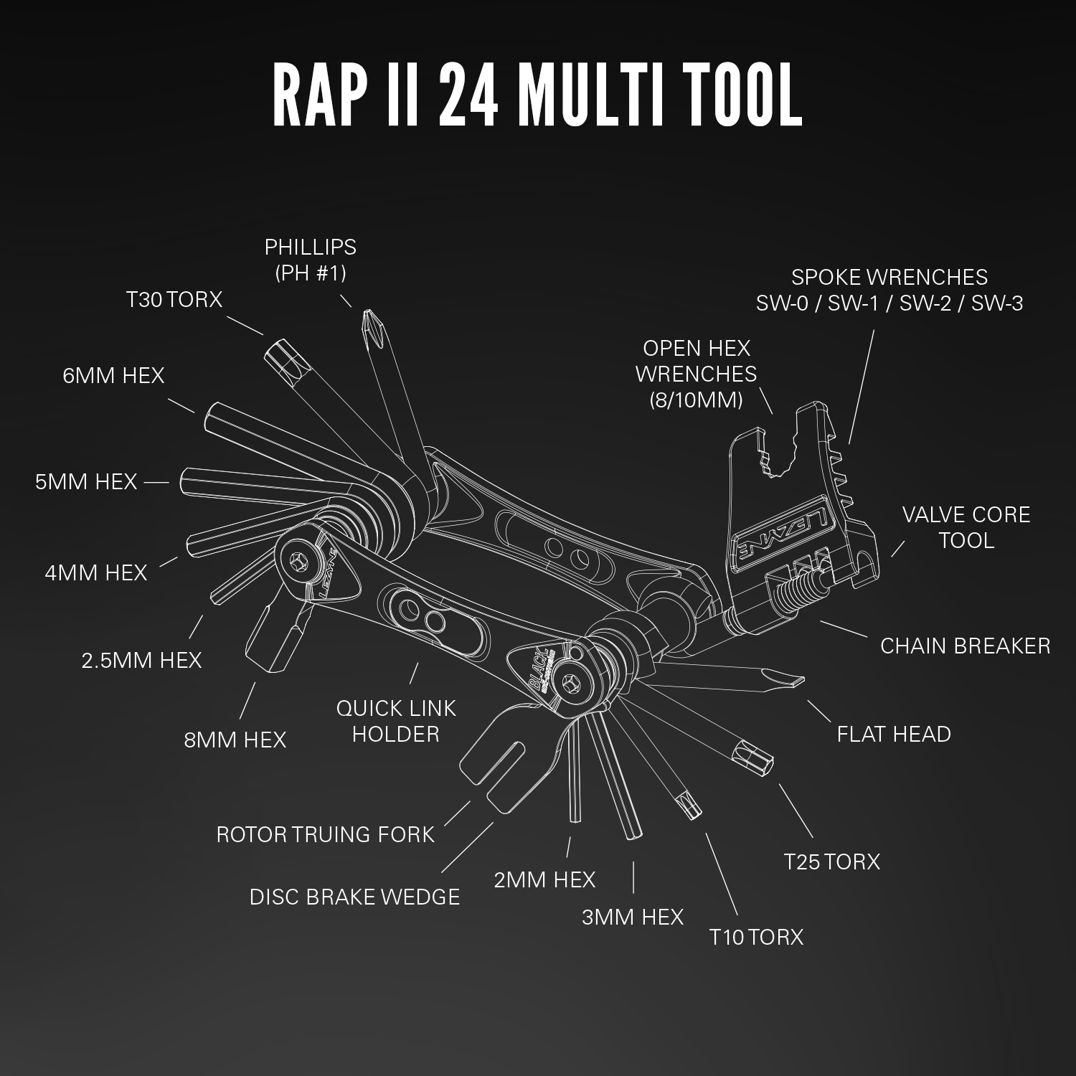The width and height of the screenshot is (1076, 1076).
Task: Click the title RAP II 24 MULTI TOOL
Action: point(537,96)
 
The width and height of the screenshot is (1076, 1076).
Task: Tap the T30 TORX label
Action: point(174,299)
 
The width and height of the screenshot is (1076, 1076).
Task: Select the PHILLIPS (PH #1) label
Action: point(311,260)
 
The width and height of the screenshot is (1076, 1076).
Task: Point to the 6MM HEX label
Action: point(113,375)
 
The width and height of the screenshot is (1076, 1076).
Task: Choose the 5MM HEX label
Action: point(86,481)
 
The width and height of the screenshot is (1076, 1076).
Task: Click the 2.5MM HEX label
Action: point(141,660)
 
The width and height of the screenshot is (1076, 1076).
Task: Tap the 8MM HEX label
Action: point(235,740)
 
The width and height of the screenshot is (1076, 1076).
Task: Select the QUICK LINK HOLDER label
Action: point(396,721)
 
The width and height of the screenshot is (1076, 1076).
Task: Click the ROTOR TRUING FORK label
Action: point(326,834)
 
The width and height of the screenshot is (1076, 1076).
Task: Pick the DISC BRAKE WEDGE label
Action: point(354,897)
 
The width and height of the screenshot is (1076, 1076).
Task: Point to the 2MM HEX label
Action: point(544,879)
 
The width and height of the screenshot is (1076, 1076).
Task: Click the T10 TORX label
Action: point(756,937)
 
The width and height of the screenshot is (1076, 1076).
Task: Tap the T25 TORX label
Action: point(831,861)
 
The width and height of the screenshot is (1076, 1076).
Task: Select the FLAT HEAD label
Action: point(894,734)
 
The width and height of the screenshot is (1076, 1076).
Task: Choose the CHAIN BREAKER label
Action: point(965,646)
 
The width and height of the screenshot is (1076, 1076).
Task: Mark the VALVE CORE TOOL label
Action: point(966,527)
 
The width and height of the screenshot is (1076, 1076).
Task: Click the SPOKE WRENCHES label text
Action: point(889,290)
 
